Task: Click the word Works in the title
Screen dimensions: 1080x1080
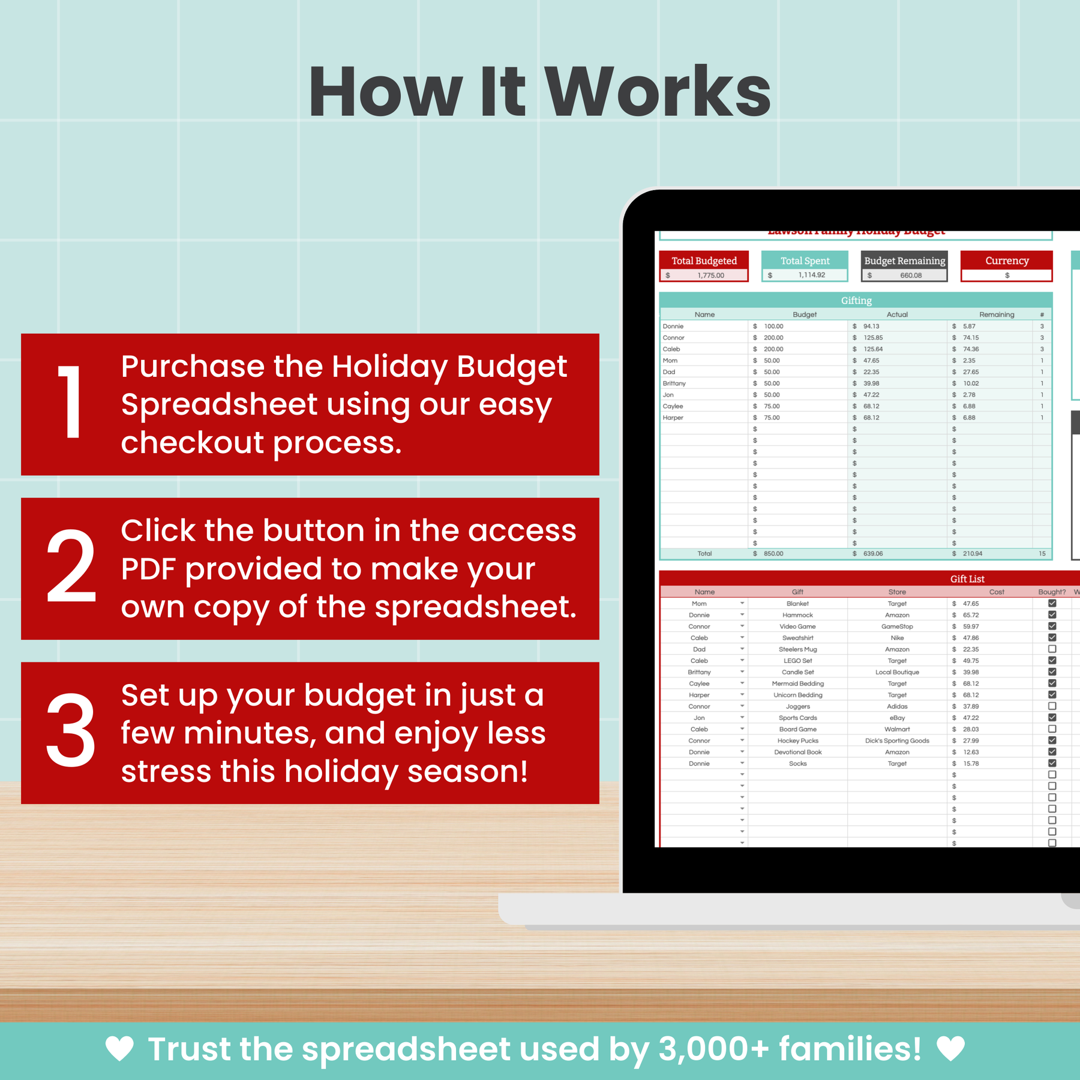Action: coord(658,92)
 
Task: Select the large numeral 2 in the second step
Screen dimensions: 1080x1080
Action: coord(71,566)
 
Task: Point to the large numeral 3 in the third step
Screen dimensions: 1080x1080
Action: coord(71,731)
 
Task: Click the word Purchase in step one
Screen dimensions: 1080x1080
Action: coord(192,367)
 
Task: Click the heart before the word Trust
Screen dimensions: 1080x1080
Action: coord(119,1049)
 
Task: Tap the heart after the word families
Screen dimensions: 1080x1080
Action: coord(950,1049)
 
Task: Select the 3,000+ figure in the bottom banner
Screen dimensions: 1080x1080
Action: coord(713,1049)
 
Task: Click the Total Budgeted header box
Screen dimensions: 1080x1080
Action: coord(704,260)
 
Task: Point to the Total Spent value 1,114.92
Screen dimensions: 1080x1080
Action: coord(811,275)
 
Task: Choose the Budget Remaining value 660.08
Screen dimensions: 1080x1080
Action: coord(910,275)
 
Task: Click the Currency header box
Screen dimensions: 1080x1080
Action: coord(1006,260)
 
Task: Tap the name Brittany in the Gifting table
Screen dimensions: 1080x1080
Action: coord(674,383)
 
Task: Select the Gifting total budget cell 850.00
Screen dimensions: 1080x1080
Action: coord(773,554)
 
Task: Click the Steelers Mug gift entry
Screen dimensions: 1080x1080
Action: coord(797,649)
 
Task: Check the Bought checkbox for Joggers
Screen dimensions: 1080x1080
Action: coord(1052,706)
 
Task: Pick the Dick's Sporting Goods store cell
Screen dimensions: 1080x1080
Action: coord(897,741)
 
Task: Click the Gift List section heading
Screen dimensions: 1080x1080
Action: coord(967,579)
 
